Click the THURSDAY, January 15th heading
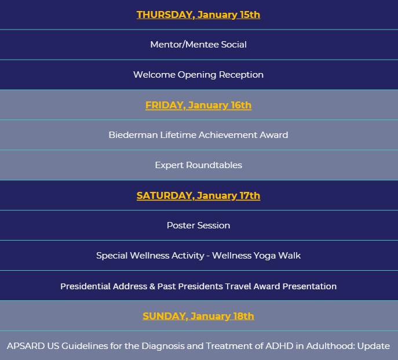[198, 14]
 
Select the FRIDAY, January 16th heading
[198, 105]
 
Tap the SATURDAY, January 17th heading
[198, 195]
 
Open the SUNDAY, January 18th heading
[198, 317]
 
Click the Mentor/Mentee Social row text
[198, 45]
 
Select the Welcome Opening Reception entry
[198, 75]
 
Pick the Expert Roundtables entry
[199, 165]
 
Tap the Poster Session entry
[198, 226]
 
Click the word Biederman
[133, 135]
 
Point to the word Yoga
[265, 256]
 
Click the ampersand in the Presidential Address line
[152, 286]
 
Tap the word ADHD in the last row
[279, 346]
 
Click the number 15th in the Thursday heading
[250, 14]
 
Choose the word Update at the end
[374, 346]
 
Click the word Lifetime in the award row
[178, 135]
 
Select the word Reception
[241, 75]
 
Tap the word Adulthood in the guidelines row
[330, 346]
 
